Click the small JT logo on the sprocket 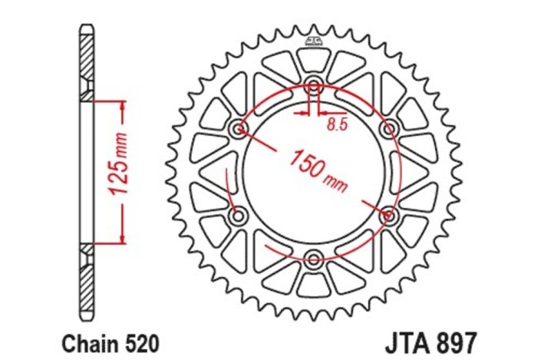tap(314, 39)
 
